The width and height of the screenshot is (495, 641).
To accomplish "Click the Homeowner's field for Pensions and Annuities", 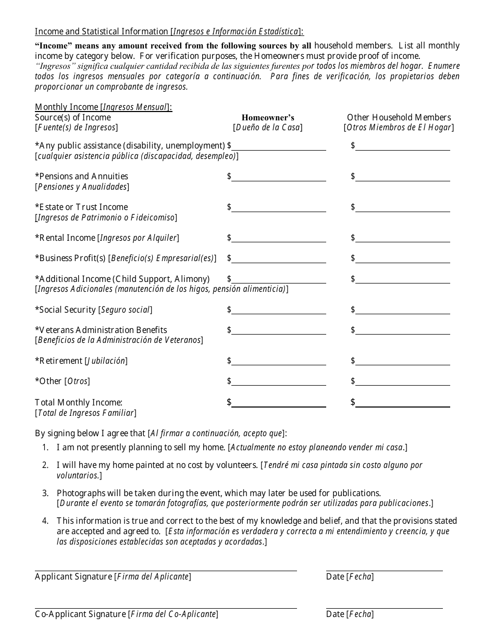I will coord(279,177).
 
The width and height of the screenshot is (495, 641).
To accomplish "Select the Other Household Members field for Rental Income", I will coord(403,238).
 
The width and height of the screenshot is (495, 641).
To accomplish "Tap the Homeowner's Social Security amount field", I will coord(279,310).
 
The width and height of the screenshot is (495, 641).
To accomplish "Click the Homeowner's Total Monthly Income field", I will coord(279,402).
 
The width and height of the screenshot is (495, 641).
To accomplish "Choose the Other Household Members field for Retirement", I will coord(403,361).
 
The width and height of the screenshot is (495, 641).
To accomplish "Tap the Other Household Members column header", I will coord(399,118).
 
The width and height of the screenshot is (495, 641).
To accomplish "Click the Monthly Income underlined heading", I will coord(103,107).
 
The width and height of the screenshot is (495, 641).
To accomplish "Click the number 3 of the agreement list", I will coord(45,493).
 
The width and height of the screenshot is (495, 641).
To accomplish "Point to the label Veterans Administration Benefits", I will coord(101,330).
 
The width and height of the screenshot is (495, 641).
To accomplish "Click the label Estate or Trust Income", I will coord(81,207).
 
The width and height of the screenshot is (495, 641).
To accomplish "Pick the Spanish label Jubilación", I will coord(106,361).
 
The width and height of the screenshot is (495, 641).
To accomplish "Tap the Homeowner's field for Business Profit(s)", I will coord(279,258).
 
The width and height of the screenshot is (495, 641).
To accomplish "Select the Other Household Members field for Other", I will coord(403,381).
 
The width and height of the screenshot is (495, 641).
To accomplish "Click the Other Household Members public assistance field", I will coord(403,146).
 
